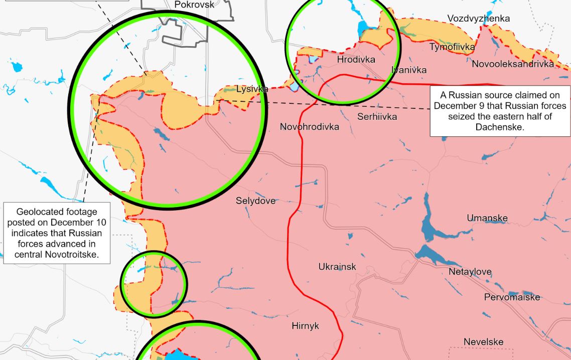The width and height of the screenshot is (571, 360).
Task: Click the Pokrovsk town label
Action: (194, 5)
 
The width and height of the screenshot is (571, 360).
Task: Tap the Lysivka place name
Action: (252, 90)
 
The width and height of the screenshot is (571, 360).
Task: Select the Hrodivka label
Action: (356, 60)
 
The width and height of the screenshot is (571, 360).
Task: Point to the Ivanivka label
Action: (409, 70)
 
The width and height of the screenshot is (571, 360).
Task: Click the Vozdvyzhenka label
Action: (478, 19)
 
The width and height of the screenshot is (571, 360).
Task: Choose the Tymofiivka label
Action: (452, 47)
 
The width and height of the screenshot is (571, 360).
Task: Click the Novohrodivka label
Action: (309, 127)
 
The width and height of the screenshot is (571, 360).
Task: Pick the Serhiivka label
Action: (377, 117)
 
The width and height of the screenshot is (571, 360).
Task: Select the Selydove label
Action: (256, 201)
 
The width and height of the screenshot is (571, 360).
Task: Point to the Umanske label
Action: (487, 218)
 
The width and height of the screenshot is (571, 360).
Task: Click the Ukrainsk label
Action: (337, 267)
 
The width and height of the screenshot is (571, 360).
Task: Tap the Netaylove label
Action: (470, 272)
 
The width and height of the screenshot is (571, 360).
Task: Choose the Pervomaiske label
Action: (512, 297)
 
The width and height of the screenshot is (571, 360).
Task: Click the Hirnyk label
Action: (305, 326)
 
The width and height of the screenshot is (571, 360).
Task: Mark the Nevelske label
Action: (483, 342)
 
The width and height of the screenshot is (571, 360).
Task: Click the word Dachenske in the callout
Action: (499, 127)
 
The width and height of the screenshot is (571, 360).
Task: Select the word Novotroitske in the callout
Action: (77, 255)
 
